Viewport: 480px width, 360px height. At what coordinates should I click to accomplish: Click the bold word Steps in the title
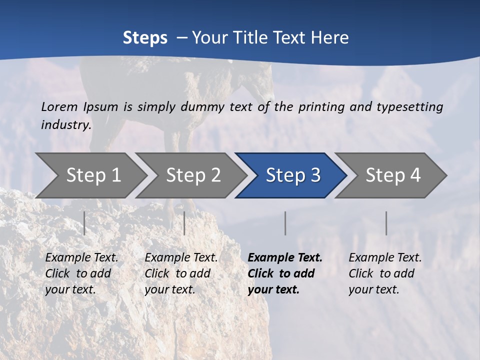pos(145,38)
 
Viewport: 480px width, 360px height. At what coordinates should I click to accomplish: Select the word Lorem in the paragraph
pos(60,106)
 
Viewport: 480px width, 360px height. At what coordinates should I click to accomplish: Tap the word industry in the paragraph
pos(66,124)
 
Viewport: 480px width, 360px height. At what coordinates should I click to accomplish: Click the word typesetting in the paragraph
pos(412,106)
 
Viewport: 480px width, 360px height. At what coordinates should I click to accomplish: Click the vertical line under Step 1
pos(84,223)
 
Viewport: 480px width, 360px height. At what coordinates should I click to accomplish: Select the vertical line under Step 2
pos(184,223)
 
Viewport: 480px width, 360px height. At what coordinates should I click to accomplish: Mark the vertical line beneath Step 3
pos(285,223)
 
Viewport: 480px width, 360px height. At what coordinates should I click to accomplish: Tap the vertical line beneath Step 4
pos(386,223)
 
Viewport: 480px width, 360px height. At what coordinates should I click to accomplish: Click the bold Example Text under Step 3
pos(285,258)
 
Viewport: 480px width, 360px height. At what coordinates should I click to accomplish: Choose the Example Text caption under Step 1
pos(82,258)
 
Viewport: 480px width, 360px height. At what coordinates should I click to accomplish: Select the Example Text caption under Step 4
pos(385,258)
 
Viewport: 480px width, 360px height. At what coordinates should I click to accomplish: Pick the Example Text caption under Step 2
pos(181,258)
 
